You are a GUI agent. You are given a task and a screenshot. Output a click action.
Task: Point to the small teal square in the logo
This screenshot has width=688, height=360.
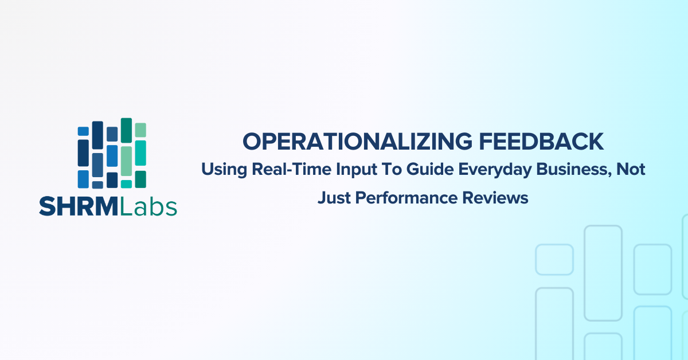click(126, 183)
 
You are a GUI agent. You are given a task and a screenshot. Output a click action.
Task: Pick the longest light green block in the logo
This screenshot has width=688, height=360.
click(126, 161)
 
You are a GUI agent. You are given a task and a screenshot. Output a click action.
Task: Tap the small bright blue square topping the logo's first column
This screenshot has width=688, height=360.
click(83, 131)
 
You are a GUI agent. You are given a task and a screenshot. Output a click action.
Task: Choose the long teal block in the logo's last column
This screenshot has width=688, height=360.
click(140, 153)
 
